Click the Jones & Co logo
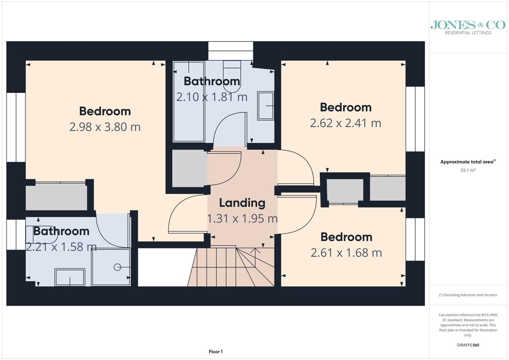468,28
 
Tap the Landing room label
242,203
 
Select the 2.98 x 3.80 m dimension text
105,127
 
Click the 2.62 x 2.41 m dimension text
346,123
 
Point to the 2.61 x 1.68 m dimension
346,253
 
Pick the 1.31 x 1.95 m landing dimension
242,218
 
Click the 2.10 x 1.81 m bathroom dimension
212,97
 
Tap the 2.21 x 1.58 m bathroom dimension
62,247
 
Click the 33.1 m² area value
468,170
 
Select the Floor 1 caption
215,352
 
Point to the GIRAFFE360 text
468,345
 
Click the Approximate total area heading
468,162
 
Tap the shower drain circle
117,267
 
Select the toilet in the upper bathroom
232,76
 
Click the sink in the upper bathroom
266,106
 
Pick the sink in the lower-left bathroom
70,277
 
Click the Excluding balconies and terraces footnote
468,295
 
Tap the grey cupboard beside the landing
190,168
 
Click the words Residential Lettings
468,33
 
